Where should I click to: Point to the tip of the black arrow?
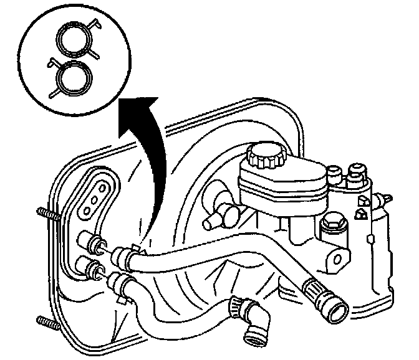[122, 105]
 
